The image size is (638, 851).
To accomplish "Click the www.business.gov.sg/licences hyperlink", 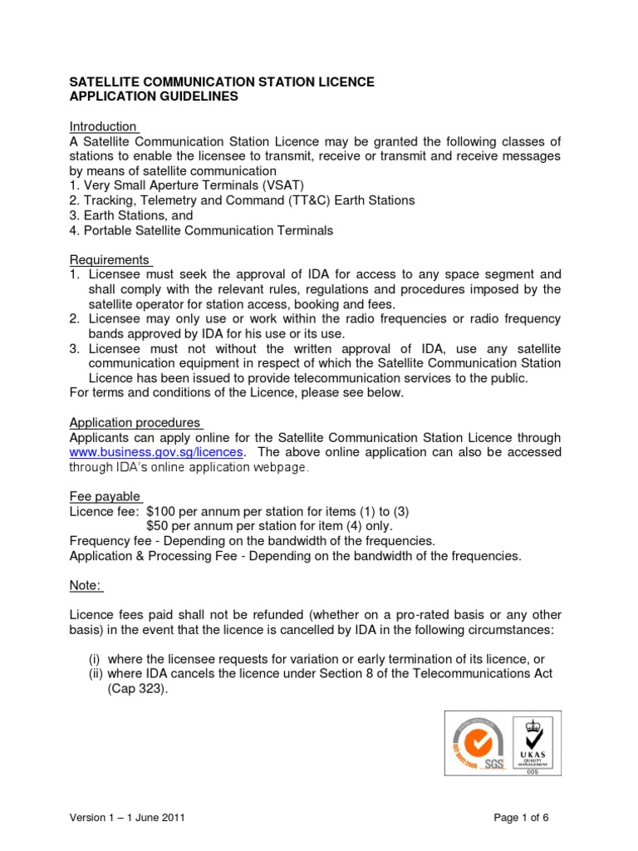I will pos(156,452).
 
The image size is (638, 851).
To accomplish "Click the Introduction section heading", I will pos(103,126).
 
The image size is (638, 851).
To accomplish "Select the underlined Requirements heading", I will pos(110,259).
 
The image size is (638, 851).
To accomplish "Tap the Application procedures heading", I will pos(135,423).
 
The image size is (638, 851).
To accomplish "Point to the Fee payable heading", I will pos(105,496).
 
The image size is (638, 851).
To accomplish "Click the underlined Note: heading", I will pos(86,586).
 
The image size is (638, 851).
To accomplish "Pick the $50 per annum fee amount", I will pos(159,526).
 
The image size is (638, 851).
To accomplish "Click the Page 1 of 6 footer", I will pos(521,818).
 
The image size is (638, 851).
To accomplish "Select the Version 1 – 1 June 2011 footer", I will pos(126,818).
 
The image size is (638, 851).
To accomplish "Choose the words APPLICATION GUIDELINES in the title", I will pos(153,96).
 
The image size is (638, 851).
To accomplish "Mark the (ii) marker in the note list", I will pos(96,673).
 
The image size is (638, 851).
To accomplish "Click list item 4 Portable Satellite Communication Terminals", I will pos(201,231).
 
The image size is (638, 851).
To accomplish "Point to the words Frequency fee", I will pos(108,541).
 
